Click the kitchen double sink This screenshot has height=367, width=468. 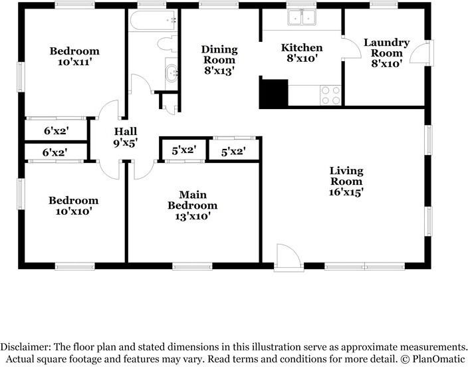302,17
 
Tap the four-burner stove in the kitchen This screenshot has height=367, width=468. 330,95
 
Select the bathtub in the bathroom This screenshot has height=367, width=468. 153,21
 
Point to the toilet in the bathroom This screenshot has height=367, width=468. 168,45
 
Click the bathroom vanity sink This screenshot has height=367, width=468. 172,73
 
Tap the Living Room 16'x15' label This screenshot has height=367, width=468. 346,182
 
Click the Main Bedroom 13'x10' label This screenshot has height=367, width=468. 193,205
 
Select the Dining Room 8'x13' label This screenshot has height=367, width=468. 219,60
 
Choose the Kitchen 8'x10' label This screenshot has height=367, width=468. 302,53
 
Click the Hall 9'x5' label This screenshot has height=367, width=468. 126,137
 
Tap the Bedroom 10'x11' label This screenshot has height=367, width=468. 74,57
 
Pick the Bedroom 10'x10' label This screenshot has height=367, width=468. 73,205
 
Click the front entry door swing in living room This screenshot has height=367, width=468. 289,257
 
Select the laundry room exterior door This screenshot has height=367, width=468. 421,51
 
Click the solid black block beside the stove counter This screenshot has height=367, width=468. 274,92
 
